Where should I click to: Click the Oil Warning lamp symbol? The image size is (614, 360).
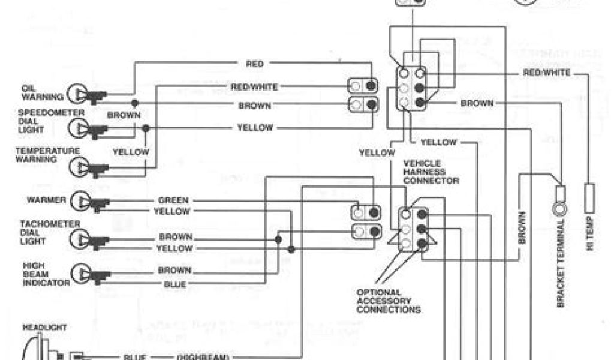click(77, 93)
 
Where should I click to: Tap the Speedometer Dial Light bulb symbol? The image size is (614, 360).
click(77, 127)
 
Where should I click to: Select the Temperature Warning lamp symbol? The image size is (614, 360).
click(77, 167)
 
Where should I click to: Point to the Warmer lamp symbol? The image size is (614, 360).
click(77, 201)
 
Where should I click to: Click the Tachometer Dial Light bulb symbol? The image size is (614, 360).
click(77, 240)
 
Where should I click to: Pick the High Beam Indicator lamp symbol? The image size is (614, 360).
click(77, 274)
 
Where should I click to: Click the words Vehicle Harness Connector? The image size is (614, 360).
click(431, 172)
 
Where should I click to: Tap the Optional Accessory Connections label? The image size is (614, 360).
click(388, 301)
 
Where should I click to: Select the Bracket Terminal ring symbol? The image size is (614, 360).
click(559, 211)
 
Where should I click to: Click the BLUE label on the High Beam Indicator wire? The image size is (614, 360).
click(174, 284)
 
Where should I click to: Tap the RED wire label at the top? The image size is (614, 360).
click(255, 64)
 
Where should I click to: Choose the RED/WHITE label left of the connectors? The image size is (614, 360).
click(254, 87)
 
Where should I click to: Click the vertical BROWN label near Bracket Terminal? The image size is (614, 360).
click(522, 228)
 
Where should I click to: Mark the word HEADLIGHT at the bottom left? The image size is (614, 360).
click(44, 328)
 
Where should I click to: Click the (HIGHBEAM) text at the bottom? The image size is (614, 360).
click(203, 357)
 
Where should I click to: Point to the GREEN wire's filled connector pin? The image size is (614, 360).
click(374, 212)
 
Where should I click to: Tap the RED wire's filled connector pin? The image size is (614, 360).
click(372, 85)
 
